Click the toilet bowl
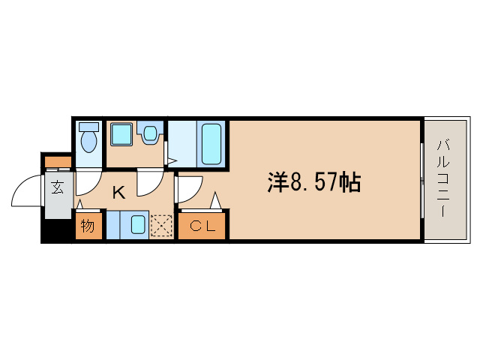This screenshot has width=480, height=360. click(x=89, y=139)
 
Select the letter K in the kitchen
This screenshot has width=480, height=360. click(x=118, y=193)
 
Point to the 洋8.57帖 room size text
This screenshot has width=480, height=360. click(x=315, y=181)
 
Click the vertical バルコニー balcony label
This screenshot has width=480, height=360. click(x=442, y=178)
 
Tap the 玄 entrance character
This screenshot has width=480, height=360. click(x=58, y=188)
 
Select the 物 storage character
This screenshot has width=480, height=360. click(x=88, y=225)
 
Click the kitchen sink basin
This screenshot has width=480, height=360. click(x=138, y=225)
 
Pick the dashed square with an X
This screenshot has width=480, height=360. click(x=161, y=226)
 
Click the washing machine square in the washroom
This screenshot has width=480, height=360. click(x=121, y=135)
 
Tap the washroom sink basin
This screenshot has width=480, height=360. click(x=150, y=134)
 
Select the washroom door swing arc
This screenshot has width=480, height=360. click(x=150, y=180)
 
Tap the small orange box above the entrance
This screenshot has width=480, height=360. click(x=57, y=161)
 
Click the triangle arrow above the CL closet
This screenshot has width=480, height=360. click(x=216, y=201)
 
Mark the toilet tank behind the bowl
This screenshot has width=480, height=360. click(x=89, y=126)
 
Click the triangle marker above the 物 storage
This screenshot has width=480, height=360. click(x=79, y=205)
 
